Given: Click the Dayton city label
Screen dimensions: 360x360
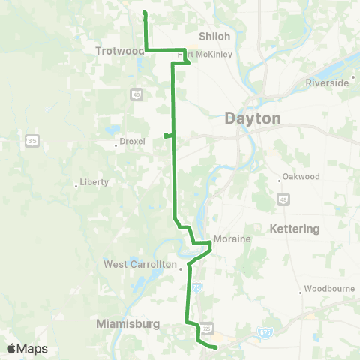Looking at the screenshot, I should tap(253, 118).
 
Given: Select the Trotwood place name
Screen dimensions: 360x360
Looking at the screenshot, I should tap(119, 51).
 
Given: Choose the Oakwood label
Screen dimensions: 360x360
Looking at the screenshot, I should tap(302, 177).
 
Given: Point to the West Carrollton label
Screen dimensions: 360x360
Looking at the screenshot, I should tap(142, 264).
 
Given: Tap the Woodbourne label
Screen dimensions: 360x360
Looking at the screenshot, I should tap(328, 290).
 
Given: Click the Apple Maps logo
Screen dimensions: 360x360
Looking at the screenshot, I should tap(28, 349).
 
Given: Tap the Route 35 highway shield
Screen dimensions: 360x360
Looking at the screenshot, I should tap(31, 139).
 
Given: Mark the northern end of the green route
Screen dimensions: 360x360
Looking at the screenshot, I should tap(144, 13).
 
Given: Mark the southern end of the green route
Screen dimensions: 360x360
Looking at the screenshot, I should tap(215, 347).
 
